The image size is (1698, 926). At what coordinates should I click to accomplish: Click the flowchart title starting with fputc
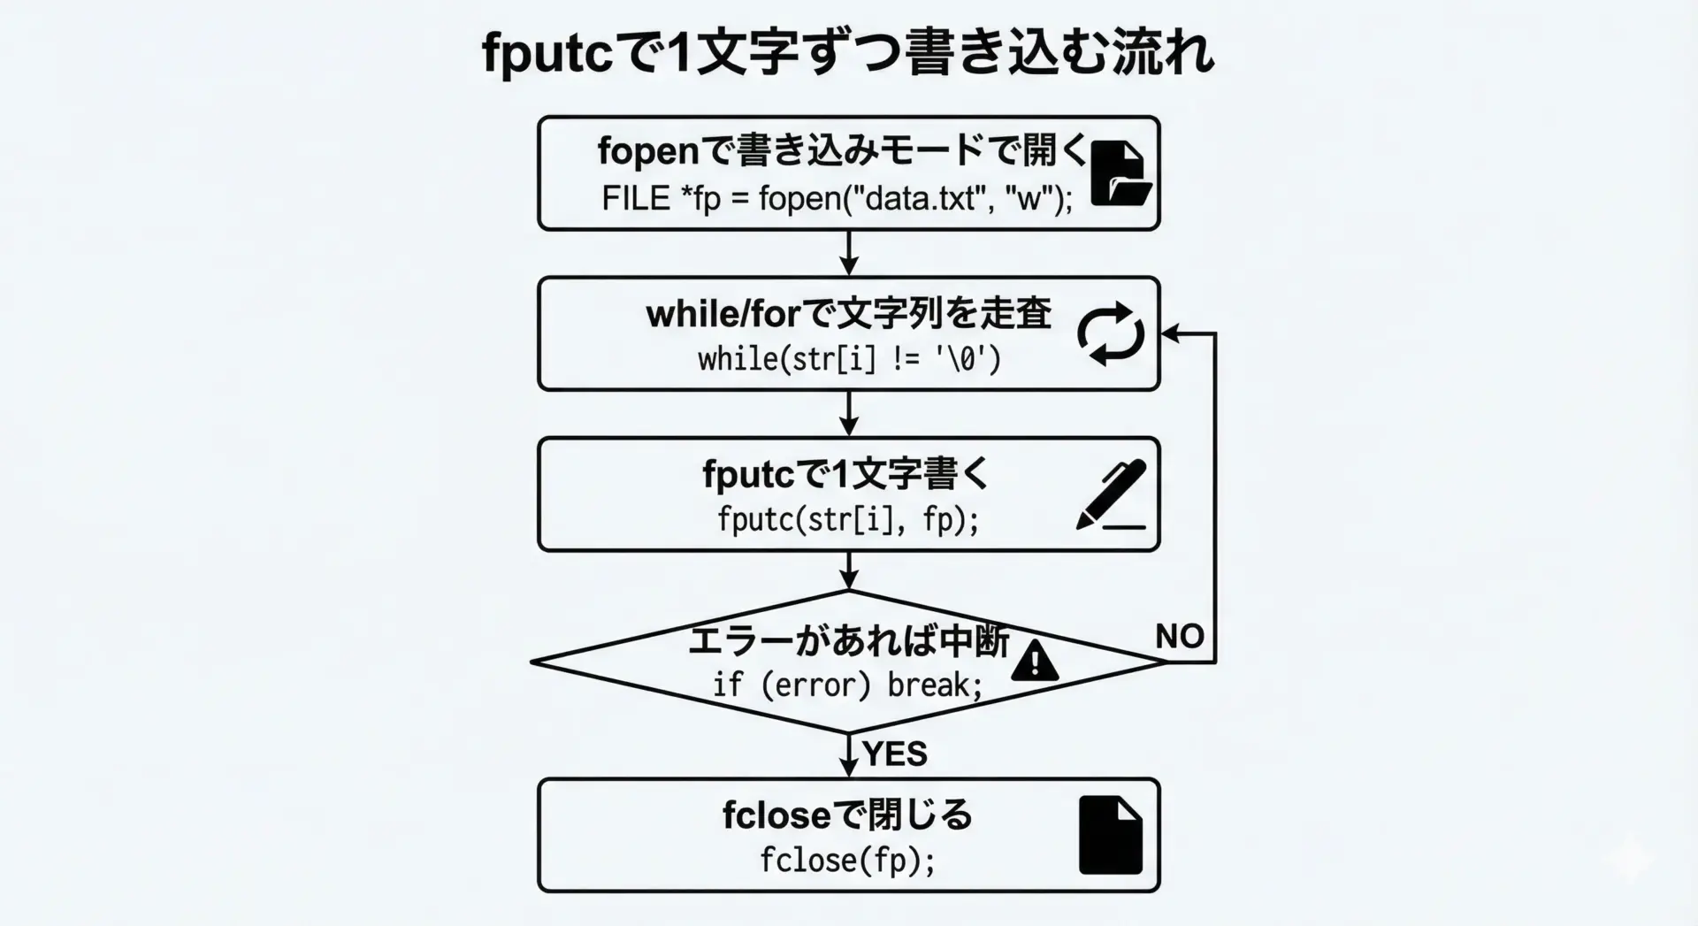point(848,53)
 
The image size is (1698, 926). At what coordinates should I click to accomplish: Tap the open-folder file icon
point(1120,174)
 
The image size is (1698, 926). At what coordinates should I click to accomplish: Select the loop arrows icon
point(1111,333)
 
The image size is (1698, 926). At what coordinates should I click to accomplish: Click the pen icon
point(1112,495)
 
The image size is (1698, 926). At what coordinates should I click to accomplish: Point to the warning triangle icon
point(1034,662)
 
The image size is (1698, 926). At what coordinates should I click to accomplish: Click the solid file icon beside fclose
point(1111,835)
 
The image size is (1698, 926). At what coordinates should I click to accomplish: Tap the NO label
point(1180,636)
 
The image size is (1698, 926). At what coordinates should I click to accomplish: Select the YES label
point(895,754)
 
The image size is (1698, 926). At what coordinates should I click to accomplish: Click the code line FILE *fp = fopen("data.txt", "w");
point(837,198)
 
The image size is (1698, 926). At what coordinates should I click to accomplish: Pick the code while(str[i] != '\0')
point(849,359)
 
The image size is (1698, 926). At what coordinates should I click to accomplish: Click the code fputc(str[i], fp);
point(848,519)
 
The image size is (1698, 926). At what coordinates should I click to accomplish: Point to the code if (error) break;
point(847,685)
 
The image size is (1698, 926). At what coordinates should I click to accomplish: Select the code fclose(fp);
point(847,860)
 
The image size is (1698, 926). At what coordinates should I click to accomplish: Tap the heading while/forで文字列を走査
point(849,313)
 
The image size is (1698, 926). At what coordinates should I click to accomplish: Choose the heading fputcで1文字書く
point(846,475)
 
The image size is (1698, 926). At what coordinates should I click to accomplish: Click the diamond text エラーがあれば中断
point(848,641)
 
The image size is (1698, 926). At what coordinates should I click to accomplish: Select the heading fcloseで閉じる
point(847,815)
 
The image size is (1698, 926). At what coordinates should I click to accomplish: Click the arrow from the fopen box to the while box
point(849,254)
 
